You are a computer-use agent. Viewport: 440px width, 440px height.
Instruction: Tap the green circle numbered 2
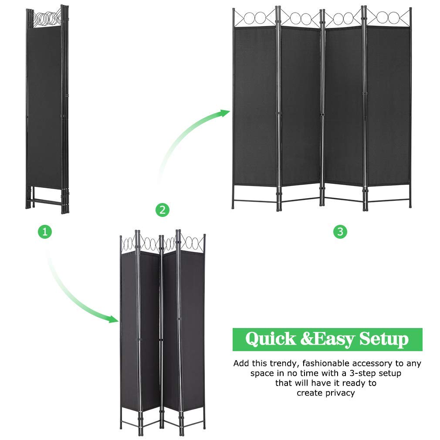tap(162, 210)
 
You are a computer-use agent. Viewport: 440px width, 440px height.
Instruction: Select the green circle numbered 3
tap(340, 232)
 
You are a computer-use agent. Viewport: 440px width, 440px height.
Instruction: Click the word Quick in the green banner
tap(270, 339)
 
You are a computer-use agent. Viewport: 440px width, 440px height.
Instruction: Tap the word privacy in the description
tap(338, 393)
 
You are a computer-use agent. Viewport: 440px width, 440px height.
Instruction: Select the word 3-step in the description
tap(363, 373)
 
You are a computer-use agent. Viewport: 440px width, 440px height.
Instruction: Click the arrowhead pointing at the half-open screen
tap(114, 319)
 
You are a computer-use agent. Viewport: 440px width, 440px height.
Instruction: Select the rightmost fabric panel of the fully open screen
tap(388, 105)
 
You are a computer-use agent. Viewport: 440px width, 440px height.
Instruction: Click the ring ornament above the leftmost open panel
tap(255, 19)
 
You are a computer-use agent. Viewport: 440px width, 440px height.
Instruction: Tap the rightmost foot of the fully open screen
tap(409, 204)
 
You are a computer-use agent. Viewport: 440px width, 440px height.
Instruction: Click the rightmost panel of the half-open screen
tap(192, 331)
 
